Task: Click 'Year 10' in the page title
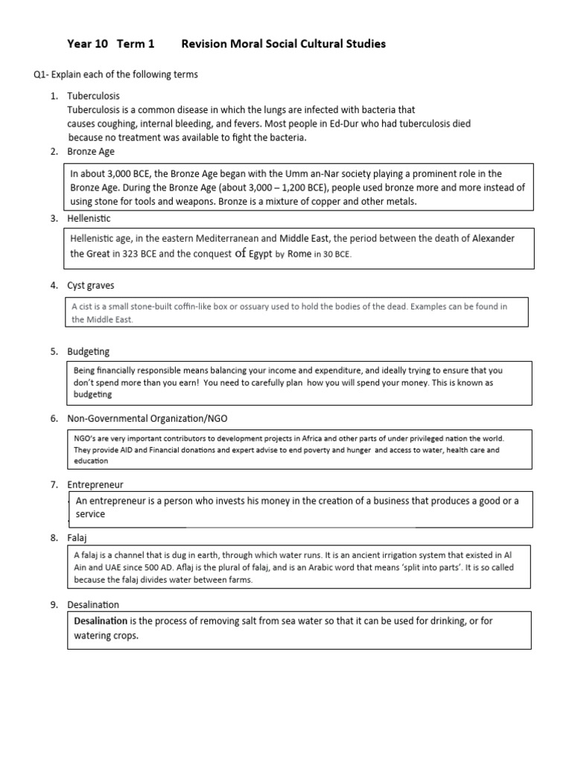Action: coord(88,45)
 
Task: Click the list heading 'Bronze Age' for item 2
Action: coord(90,152)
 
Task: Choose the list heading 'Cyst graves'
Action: coord(91,286)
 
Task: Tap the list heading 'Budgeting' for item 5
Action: coord(89,351)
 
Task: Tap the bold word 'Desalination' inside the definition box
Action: coord(101,621)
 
